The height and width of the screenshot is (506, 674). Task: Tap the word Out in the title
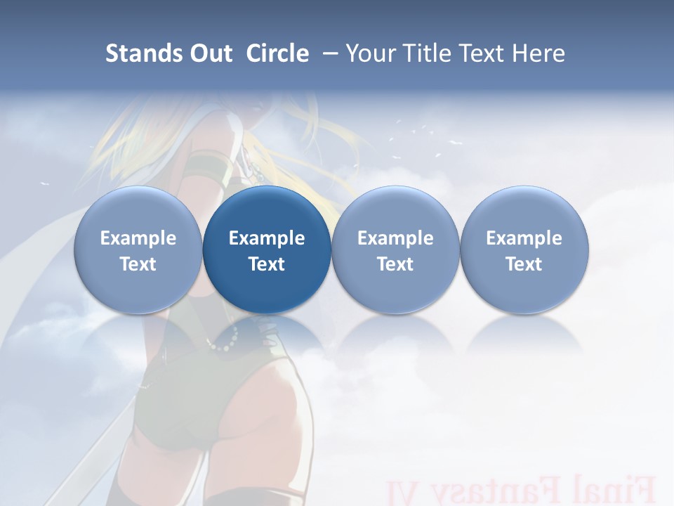coord(209,53)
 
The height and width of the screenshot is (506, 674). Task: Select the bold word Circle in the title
coord(277,53)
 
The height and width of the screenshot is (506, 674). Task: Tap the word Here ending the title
coord(538,53)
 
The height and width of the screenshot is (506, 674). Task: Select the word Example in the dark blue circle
coord(267,238)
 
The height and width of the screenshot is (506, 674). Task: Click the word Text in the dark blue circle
coord(267,264)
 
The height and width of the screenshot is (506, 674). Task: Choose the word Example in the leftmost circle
coord(138,238)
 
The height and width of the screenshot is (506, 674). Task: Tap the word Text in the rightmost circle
coord(524,264)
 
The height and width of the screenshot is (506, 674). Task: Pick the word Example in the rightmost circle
coord(524,238)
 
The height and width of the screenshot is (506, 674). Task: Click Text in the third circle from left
coord(395,264)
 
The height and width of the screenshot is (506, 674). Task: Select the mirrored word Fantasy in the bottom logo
coord(491,491)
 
